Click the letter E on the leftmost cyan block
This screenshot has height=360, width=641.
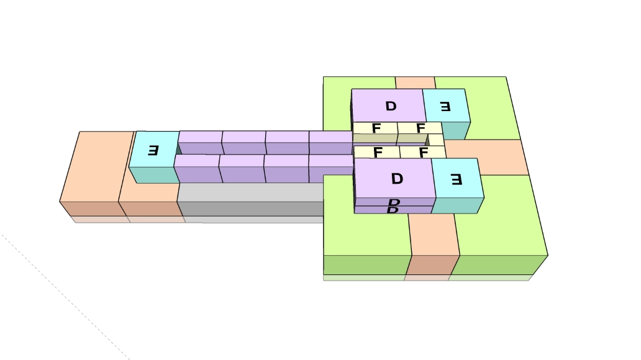(x=153, y=150)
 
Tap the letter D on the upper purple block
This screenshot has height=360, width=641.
(x=391, y=106)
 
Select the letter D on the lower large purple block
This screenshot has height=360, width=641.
(x=397, y=179)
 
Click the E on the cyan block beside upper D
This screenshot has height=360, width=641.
(x=445, y=106)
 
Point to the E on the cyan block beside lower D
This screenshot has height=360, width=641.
(x=456, y=180)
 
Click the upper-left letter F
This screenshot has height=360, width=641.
(x=376, y=128)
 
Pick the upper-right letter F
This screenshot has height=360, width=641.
(x=421, y=128)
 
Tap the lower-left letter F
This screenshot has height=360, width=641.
(x=378, y=151)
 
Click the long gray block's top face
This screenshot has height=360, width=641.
(x=248, y=192)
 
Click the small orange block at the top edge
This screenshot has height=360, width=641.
(x=415, y=83)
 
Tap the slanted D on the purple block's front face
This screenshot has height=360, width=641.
(x=393, y=206)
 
